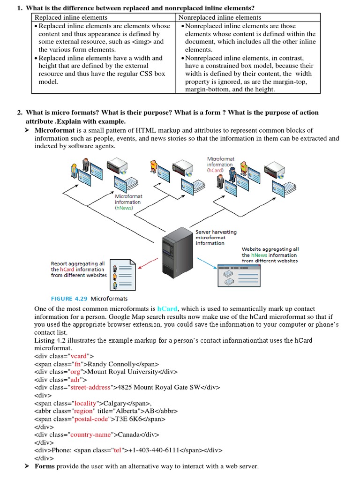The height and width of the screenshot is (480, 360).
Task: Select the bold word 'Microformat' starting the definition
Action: (x=54, y=130)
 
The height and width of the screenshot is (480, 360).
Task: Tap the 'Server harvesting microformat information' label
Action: (x=216, y=237)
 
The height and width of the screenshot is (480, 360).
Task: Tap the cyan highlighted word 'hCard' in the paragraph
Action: (x=167, y=308)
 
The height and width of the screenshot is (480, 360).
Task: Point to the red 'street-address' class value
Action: (x=90, y=388)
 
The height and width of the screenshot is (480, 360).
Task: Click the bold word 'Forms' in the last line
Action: (x=45, y=466)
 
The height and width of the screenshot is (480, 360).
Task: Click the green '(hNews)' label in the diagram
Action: (x=124, y=208)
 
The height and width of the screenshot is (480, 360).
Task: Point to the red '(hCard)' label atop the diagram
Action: (x=216, y=171)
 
